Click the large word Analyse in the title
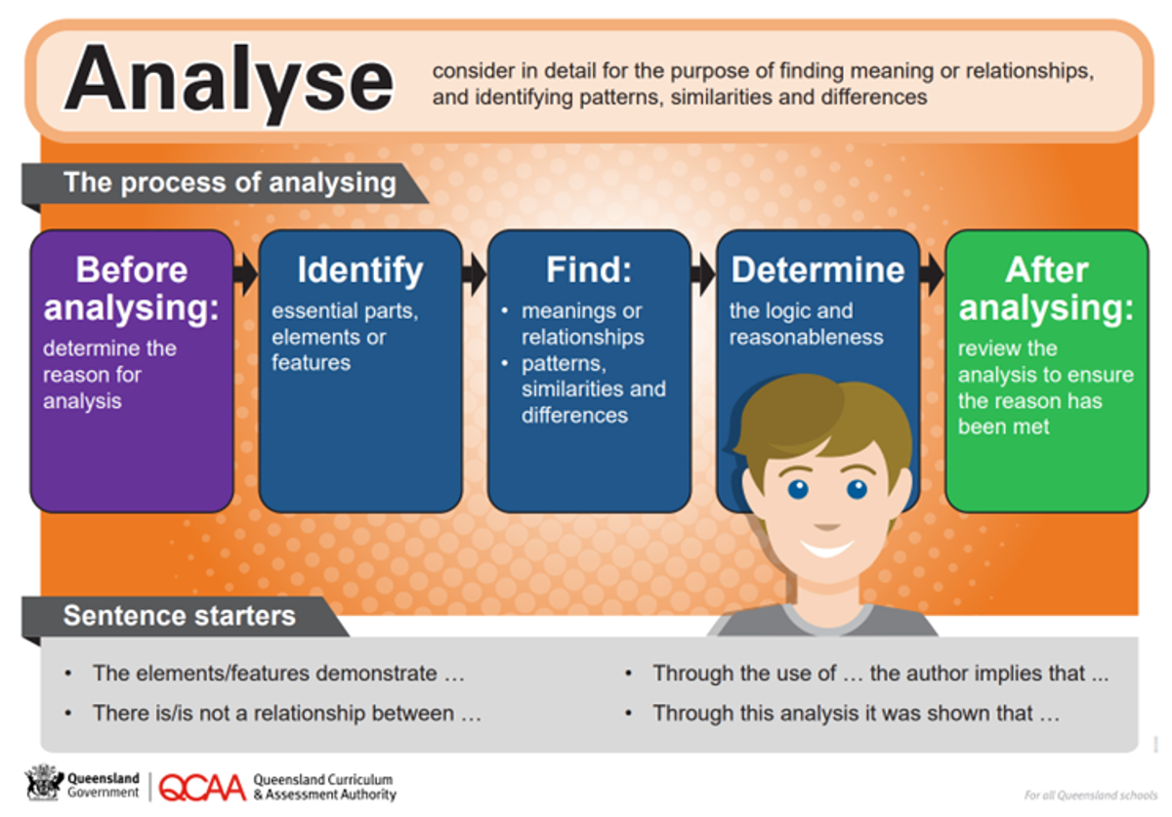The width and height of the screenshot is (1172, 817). [x=229, y=84]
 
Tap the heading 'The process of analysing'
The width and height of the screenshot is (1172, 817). [x=230, y=183]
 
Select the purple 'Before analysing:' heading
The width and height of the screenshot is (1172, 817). [x=131, y=289]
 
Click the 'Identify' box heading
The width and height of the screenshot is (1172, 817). [x=360, y=270]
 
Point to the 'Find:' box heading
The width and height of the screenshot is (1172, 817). [x=589, y=269]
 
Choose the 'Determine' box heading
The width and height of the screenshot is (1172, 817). [x=817, y=269]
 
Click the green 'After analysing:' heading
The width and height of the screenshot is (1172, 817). [x=1046, y=289]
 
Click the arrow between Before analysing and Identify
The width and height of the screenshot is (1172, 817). [x=245, y=274]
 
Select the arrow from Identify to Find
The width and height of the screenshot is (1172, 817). [x=475, y=274]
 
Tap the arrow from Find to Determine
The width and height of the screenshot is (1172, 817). [x=703, y=274]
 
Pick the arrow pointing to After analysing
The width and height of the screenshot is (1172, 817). [x=933, y=274]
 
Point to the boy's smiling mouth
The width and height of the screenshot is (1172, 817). [x=826, y=549]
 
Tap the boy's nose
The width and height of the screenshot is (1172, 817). [x=826, y=526]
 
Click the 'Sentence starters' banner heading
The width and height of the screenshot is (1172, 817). [x=180, y=616]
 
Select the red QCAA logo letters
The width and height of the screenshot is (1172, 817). [x=202, y=788]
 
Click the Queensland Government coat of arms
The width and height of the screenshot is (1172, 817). [x=44, y=782]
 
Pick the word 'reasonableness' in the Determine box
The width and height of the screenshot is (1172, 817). [x=807, y=338]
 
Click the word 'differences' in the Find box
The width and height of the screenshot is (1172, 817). [x=574, y=415]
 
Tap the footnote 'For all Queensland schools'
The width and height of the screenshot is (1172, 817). [x=1090, y=795]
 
